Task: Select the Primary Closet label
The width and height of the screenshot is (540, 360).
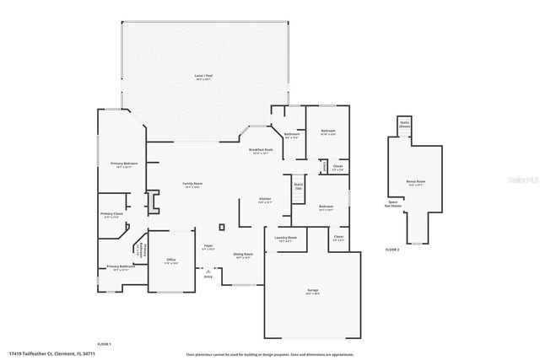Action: (111, 217)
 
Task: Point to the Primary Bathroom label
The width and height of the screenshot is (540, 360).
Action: (117, 269)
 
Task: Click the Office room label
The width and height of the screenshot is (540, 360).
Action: (170, 261)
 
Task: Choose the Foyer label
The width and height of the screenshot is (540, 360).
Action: (208, 249)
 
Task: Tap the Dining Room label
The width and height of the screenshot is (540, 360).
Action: (243, 255)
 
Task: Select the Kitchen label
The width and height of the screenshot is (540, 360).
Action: (264, 201)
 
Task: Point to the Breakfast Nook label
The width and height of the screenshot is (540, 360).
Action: (260, 152)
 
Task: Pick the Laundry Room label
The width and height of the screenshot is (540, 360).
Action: (286, 239)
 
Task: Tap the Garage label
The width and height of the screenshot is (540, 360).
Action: (313, 293)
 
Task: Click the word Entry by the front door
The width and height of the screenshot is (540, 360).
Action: (208, 276)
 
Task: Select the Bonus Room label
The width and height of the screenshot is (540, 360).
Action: (414, 183)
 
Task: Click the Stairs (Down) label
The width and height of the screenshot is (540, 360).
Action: (404, 125)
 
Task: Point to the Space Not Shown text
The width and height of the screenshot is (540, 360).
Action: (392, 204)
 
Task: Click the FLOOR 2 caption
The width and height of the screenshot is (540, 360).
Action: (391, 250)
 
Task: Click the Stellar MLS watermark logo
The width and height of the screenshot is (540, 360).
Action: (524, 180)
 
